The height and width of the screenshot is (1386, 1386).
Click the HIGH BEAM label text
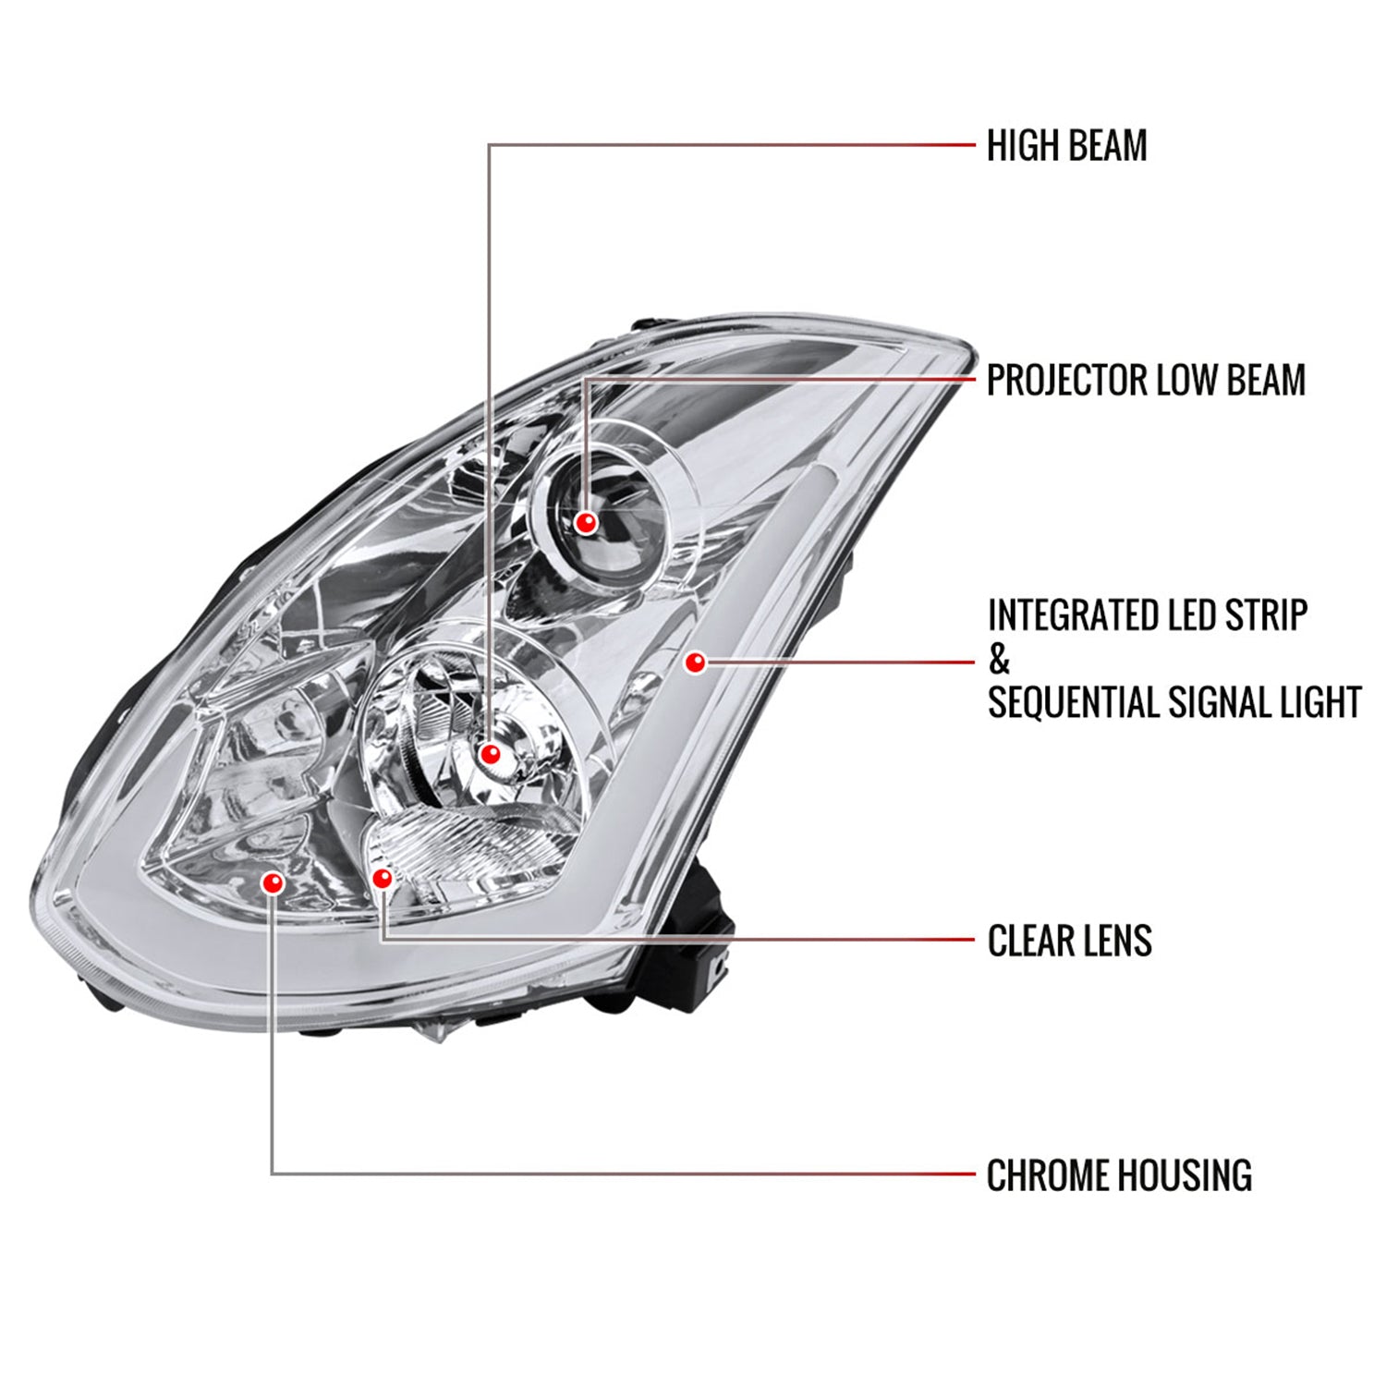coord(1066,146)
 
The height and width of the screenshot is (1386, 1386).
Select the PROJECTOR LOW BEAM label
coord(1146,380)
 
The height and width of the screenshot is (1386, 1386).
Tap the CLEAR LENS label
coord(1069,941)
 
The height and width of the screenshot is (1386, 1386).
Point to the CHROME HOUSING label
coord(1119,1175)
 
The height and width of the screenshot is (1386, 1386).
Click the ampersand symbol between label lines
coord(999,660)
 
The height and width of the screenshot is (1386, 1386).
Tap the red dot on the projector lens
coord(585,523)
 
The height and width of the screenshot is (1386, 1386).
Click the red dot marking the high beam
coord(490,754)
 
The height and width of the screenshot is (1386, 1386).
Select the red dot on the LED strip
coord(695,662)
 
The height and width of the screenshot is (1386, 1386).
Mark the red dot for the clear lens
coord(382,878)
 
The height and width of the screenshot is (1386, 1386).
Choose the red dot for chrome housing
coord(272,883)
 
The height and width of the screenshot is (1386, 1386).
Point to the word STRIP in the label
coord(1267,615)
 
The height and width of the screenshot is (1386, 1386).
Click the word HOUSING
coord(1185,1175)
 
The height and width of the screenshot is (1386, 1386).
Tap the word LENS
coord(1115,941)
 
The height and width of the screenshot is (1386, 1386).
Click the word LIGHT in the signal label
coord(1315,702)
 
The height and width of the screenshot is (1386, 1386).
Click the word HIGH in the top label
coord(1016,146)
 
